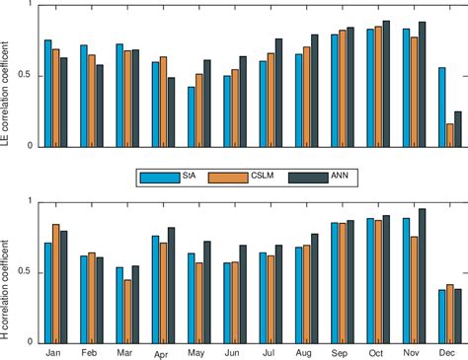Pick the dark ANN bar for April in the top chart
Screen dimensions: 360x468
[171, 111]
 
